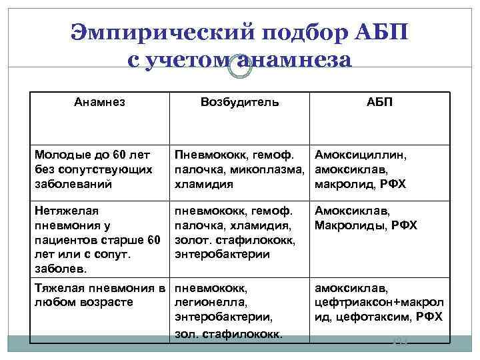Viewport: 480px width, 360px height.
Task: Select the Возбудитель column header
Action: (239, 102)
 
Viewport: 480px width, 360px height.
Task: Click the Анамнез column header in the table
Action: (99, 102)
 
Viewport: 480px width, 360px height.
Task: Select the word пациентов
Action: (64, 240)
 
